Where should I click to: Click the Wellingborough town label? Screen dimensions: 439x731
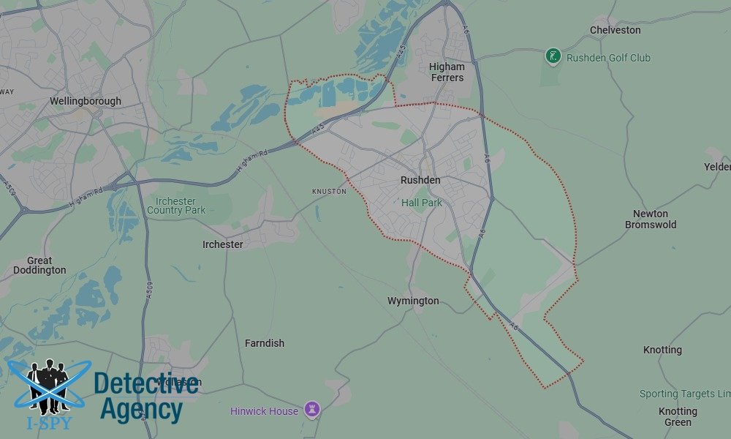[86, 101]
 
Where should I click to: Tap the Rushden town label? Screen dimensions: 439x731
[420, 180]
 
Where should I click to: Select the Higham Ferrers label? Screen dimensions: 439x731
[447, 72]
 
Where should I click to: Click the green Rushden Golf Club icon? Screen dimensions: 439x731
[553, 56]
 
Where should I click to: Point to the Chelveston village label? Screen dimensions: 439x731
[616, 30]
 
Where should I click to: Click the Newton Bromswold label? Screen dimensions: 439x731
[651, 219]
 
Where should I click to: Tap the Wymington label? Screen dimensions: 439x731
[413, 301]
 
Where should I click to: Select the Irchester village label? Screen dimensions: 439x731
[223, 244]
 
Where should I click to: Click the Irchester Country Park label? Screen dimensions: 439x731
[176, 206]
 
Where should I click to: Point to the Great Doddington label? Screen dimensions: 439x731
[39, 265]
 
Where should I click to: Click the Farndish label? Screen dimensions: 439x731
[265, 343]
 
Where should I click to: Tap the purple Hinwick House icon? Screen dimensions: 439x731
[313, 410]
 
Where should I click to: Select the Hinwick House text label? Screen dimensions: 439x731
[265, 411]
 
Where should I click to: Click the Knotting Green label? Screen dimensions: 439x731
[678, 416]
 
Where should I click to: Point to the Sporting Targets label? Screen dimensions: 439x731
[684, 394]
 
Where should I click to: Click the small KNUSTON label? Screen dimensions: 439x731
[329, 192]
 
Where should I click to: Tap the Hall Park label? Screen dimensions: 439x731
[422, 203]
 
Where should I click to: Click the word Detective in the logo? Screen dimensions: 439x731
[146, 383]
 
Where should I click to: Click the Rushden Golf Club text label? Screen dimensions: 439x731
[608, 58]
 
